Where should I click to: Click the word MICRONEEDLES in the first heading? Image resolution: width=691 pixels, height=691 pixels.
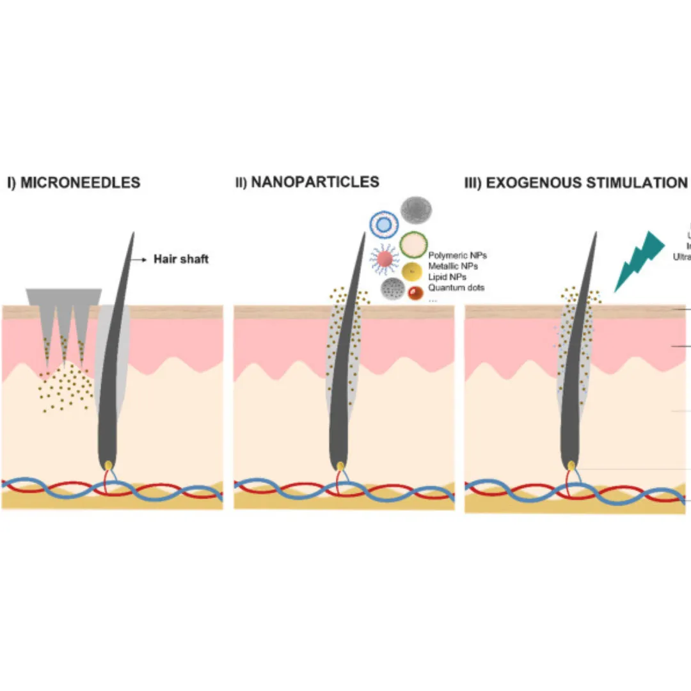pos(80,182)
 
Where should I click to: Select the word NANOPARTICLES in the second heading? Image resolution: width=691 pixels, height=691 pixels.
pos(315,182)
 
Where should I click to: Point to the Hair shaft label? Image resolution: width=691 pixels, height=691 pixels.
pos(180,259)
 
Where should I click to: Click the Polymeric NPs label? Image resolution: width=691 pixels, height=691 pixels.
pos(457,256)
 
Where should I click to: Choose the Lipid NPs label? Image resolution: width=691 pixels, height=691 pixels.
pos(447,277)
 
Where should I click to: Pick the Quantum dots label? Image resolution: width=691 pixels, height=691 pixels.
pos(456,288)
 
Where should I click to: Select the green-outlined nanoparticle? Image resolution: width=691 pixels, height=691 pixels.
pos(414,245)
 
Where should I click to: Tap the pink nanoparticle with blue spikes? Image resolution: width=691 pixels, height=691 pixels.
pos(385,258)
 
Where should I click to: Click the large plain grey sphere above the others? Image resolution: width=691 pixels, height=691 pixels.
pos(416,210)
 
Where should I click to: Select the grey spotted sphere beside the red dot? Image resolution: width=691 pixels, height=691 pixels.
pos(392,290)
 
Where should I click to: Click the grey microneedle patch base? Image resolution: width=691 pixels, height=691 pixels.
pos(64,296)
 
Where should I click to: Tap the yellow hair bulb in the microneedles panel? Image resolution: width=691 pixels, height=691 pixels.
pos(108,465)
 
